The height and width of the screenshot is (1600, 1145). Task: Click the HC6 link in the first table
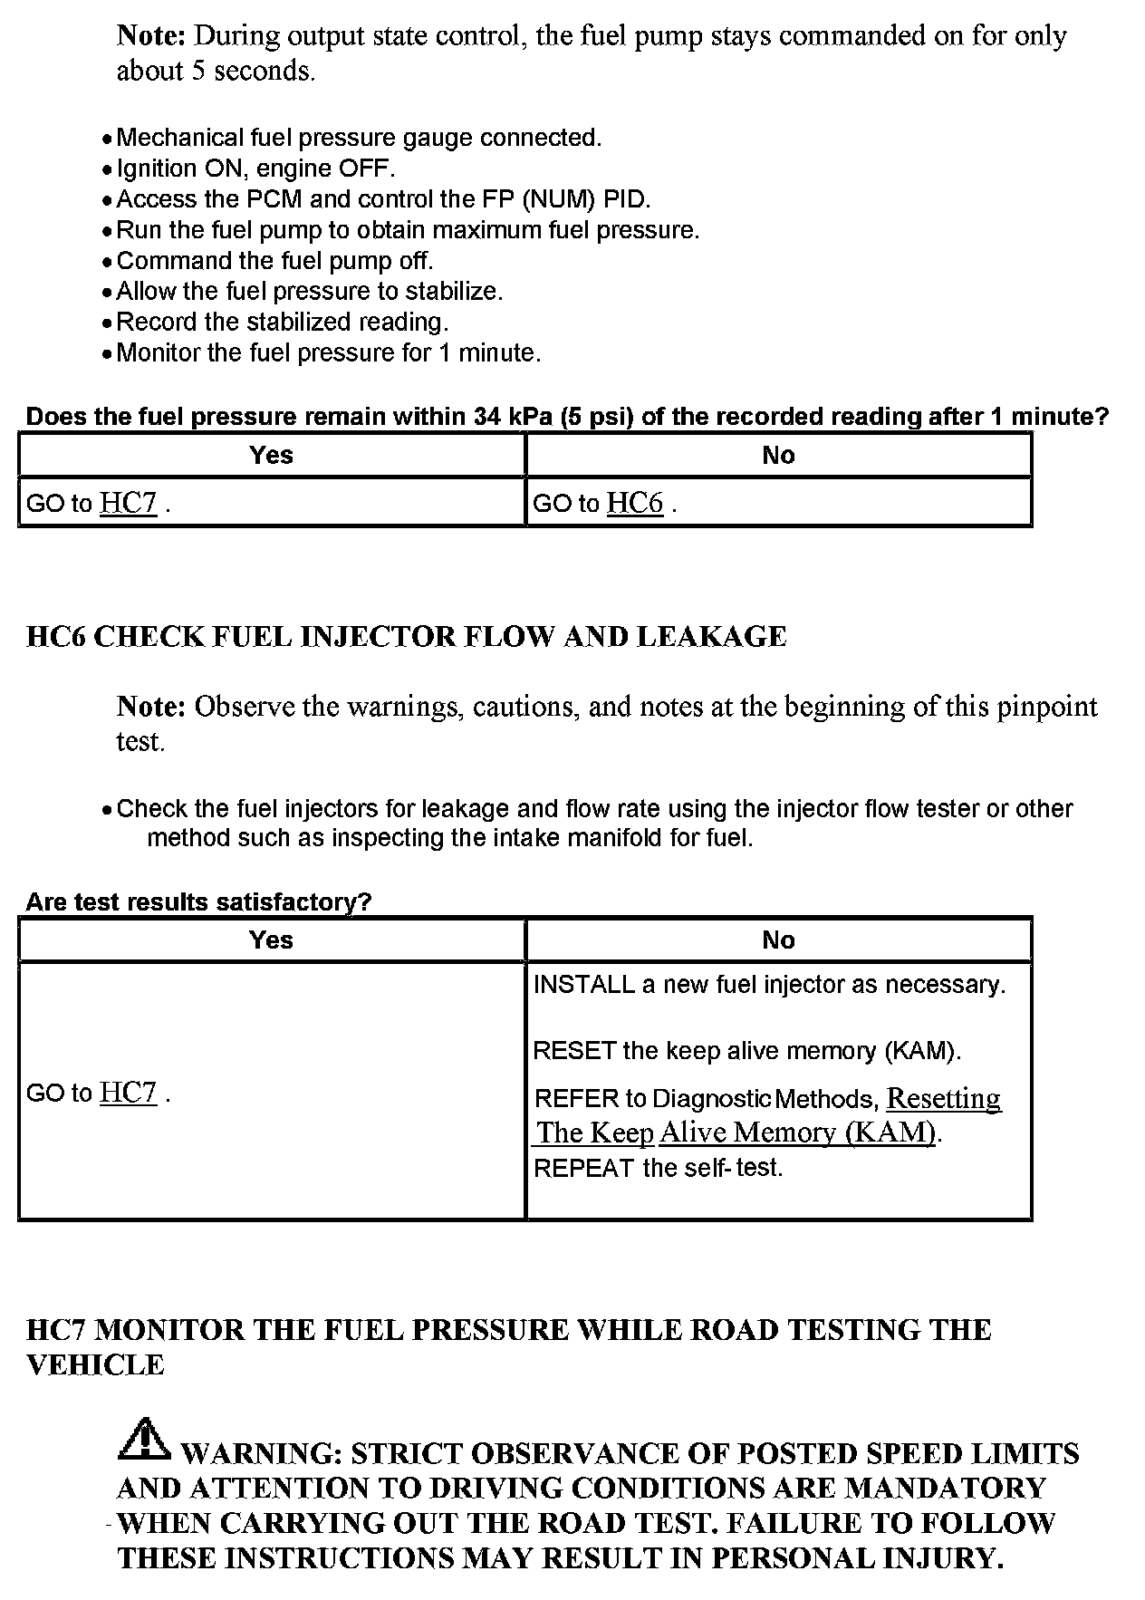(634, 503)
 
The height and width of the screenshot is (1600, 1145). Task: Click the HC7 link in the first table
(128, 503)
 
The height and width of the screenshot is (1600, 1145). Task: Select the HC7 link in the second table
(128, 1093)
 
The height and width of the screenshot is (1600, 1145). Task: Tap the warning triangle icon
(142, 1441)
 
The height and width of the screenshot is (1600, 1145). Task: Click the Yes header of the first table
(271, 455)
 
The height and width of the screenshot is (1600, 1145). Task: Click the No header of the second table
(778, 940)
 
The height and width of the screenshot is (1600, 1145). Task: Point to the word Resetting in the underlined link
(943, 1098)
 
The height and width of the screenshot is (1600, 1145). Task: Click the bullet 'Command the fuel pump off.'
(274, 261)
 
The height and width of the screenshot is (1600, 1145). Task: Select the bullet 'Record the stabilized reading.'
(282, 322)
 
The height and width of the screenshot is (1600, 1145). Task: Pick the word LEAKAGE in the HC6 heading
(711, 637)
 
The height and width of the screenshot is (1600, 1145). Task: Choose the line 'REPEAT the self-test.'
(658, 1168)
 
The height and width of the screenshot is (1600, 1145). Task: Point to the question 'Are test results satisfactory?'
(198, 902)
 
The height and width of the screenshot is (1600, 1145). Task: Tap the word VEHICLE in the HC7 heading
(95, 1365)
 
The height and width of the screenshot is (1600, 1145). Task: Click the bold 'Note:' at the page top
(151, 36)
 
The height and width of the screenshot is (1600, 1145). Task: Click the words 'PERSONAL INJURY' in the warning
(856, 1558)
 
